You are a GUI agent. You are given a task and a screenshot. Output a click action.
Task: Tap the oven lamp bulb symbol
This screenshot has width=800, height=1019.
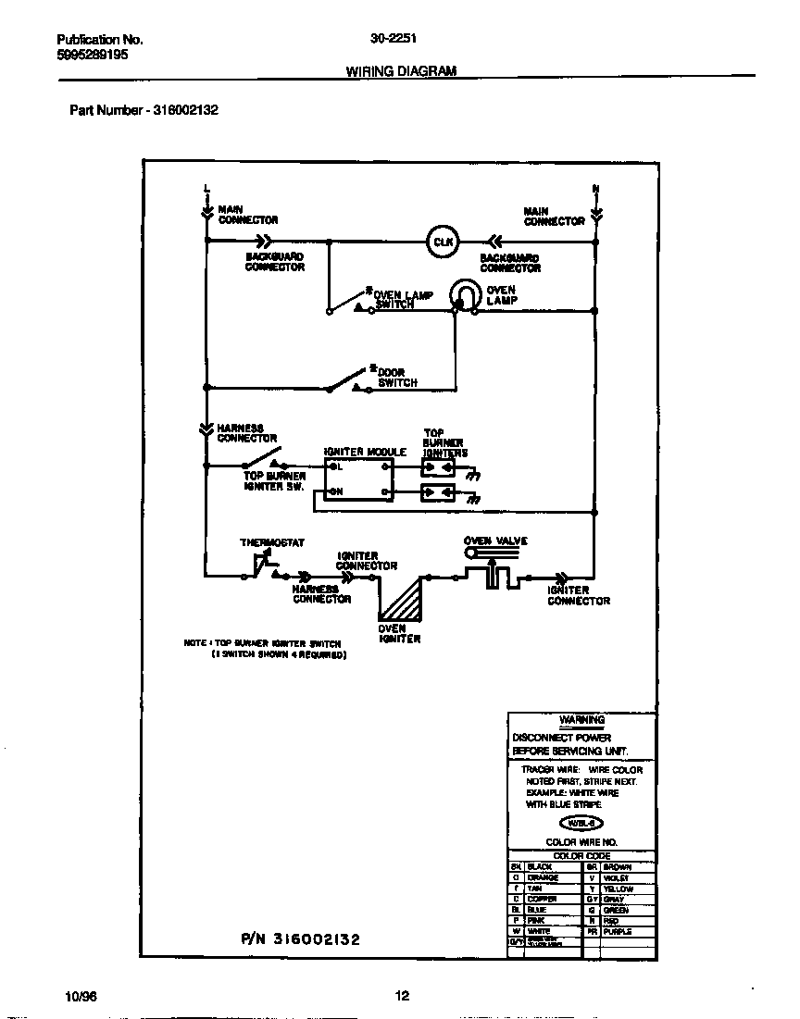click(462, 296)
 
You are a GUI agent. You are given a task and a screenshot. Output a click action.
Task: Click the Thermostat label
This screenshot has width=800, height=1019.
click(272, 543)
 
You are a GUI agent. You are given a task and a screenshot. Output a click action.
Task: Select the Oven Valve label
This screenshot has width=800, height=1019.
click(495, 541)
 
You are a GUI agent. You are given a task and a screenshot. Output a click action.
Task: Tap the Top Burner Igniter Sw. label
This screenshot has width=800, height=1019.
click(274, 481)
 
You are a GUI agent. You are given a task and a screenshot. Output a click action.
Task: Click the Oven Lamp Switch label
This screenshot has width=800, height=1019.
click(403, 299)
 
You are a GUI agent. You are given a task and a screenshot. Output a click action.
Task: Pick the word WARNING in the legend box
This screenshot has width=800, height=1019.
click(581, 720)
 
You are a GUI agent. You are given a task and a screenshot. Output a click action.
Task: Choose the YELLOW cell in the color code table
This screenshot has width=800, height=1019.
click(618, 889)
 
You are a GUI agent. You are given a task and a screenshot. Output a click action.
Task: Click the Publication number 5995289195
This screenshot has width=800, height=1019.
click(93, 56)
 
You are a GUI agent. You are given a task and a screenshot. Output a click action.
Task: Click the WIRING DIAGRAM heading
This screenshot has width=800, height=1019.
click(401, 71)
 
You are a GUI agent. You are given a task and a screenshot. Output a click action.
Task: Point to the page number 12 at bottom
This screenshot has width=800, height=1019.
click(401, 996)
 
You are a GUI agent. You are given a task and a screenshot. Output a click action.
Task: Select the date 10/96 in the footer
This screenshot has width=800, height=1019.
click(81, 996)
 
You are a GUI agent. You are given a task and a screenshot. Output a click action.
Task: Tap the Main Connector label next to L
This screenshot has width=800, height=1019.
click(247, 215)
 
